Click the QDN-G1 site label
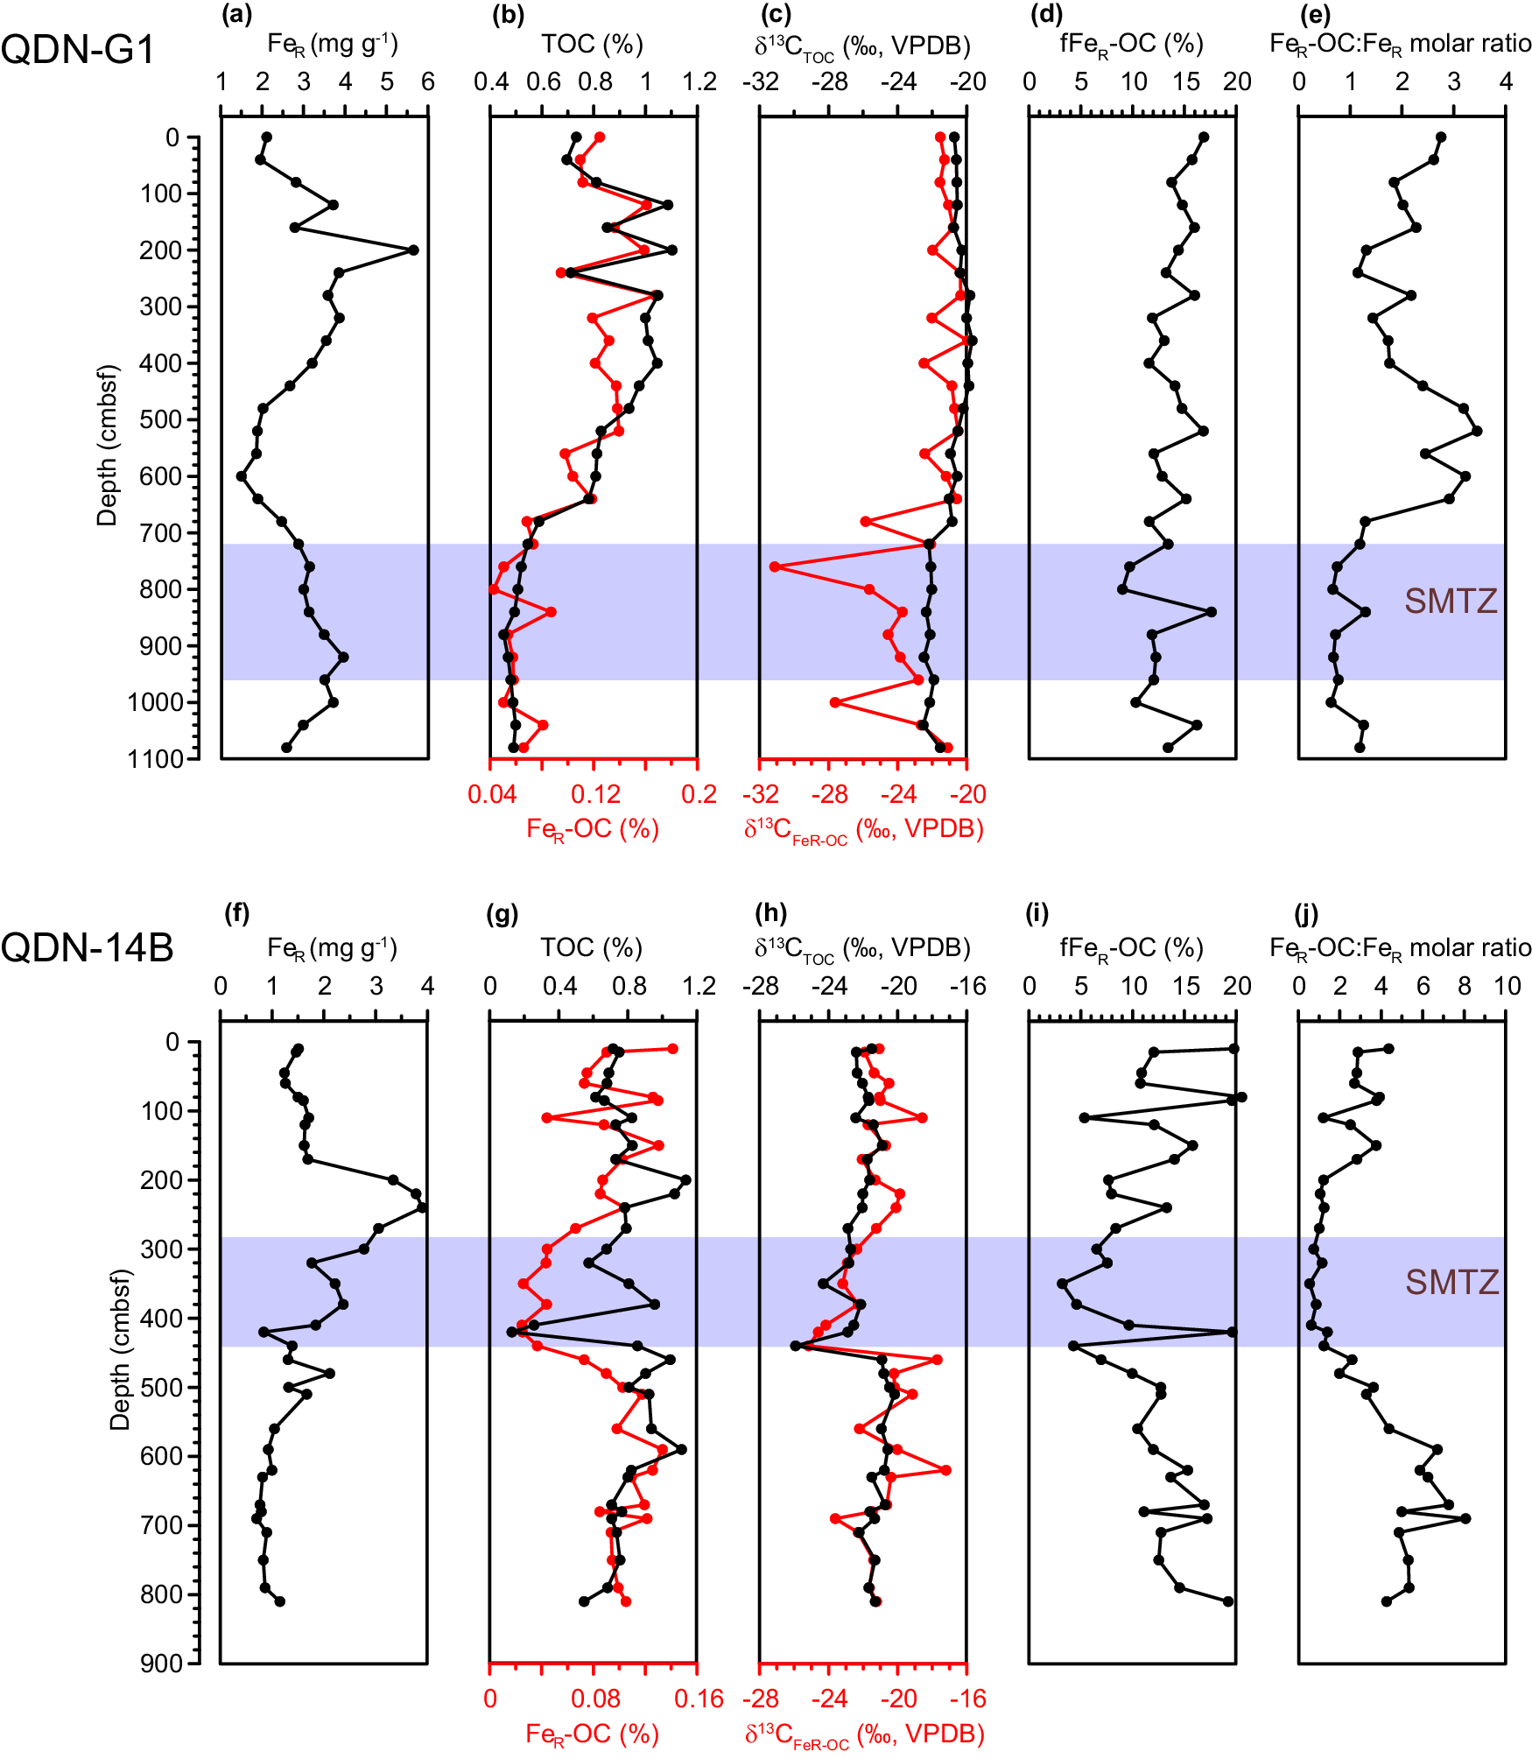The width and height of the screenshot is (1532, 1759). (77, 49)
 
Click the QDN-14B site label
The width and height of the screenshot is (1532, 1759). (87, 948)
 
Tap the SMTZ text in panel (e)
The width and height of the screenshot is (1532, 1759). (1451, 602)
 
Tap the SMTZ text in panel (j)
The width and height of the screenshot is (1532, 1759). (1451, 1283)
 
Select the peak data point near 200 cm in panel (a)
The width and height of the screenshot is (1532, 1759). (414, 250)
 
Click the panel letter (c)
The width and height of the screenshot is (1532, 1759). (776, 15)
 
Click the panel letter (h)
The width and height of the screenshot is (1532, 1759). (770, 913)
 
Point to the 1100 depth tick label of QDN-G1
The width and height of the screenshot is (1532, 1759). (156, 759)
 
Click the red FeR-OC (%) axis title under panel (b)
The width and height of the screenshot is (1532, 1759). (592, 829)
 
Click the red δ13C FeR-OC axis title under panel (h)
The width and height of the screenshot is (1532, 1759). (864, 1734)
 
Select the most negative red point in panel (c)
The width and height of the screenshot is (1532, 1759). (775, 567)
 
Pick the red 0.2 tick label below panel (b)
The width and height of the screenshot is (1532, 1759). (699, 795)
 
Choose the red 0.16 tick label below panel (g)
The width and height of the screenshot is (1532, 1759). (698, 1699)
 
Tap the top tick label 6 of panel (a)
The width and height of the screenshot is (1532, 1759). (427, 82)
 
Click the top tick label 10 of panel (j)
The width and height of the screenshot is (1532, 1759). (1507, 987)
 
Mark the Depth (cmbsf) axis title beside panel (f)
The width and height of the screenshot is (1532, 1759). (120, 1349)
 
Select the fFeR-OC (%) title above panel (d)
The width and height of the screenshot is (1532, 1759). (1131, 44)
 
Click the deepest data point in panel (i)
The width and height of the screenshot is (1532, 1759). (1228, 1601)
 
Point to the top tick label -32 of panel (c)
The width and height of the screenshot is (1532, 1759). (760, 82)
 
